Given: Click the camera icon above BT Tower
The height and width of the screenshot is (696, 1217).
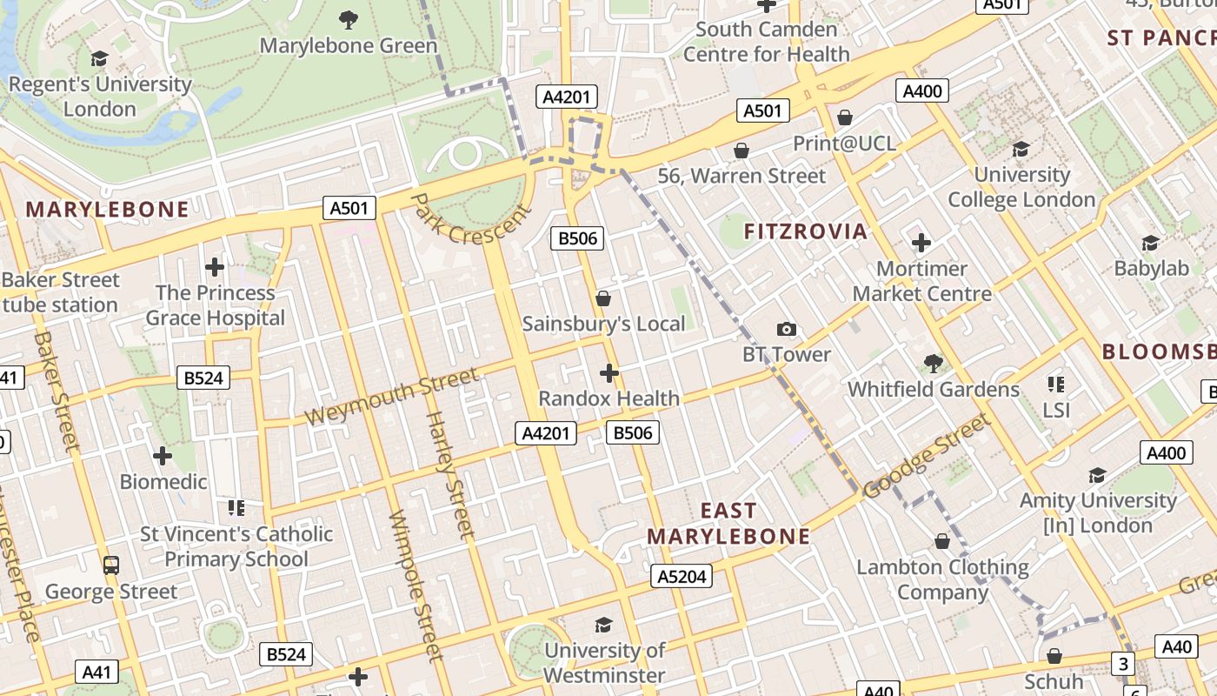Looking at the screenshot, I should [x=786, y=329].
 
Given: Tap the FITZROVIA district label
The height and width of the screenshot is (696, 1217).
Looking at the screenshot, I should [x=806, y=231].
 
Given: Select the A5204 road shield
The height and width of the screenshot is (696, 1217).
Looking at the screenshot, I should [x=682, y=576].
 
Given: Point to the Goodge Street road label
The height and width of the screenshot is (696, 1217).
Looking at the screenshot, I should [x=927, y=456].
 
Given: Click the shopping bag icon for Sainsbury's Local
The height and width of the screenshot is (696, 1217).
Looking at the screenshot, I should [x=603, y=298].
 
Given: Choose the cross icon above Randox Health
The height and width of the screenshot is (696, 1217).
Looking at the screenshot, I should [x=609, y=373].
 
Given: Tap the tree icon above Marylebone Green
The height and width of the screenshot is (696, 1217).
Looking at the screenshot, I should [x=349, y=19].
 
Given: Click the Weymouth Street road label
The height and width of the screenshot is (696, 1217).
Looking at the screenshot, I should [x=391, y=397].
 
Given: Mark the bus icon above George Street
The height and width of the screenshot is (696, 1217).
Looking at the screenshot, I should [x=111, y=565].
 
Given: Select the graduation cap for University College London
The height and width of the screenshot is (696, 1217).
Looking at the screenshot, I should [x=1021, y=149].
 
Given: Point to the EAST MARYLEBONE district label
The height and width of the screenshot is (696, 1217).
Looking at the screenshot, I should [x=728, y=524].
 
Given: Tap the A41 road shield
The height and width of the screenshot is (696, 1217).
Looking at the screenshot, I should [x=96, y=672].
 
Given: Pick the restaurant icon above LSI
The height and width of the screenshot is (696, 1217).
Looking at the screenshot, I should [x=1056, y=384].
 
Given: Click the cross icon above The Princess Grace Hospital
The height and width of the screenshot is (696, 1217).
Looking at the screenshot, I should [x=215, y=267].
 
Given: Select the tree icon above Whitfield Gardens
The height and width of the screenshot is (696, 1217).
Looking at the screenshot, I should [x=934, y=362].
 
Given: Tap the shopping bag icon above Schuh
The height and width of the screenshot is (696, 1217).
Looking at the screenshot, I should [x=1054, y=655].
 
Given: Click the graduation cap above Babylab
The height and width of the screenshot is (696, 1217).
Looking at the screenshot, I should [x=1151, y=243].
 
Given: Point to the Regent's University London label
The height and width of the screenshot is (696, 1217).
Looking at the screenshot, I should [x=100, y=97].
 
